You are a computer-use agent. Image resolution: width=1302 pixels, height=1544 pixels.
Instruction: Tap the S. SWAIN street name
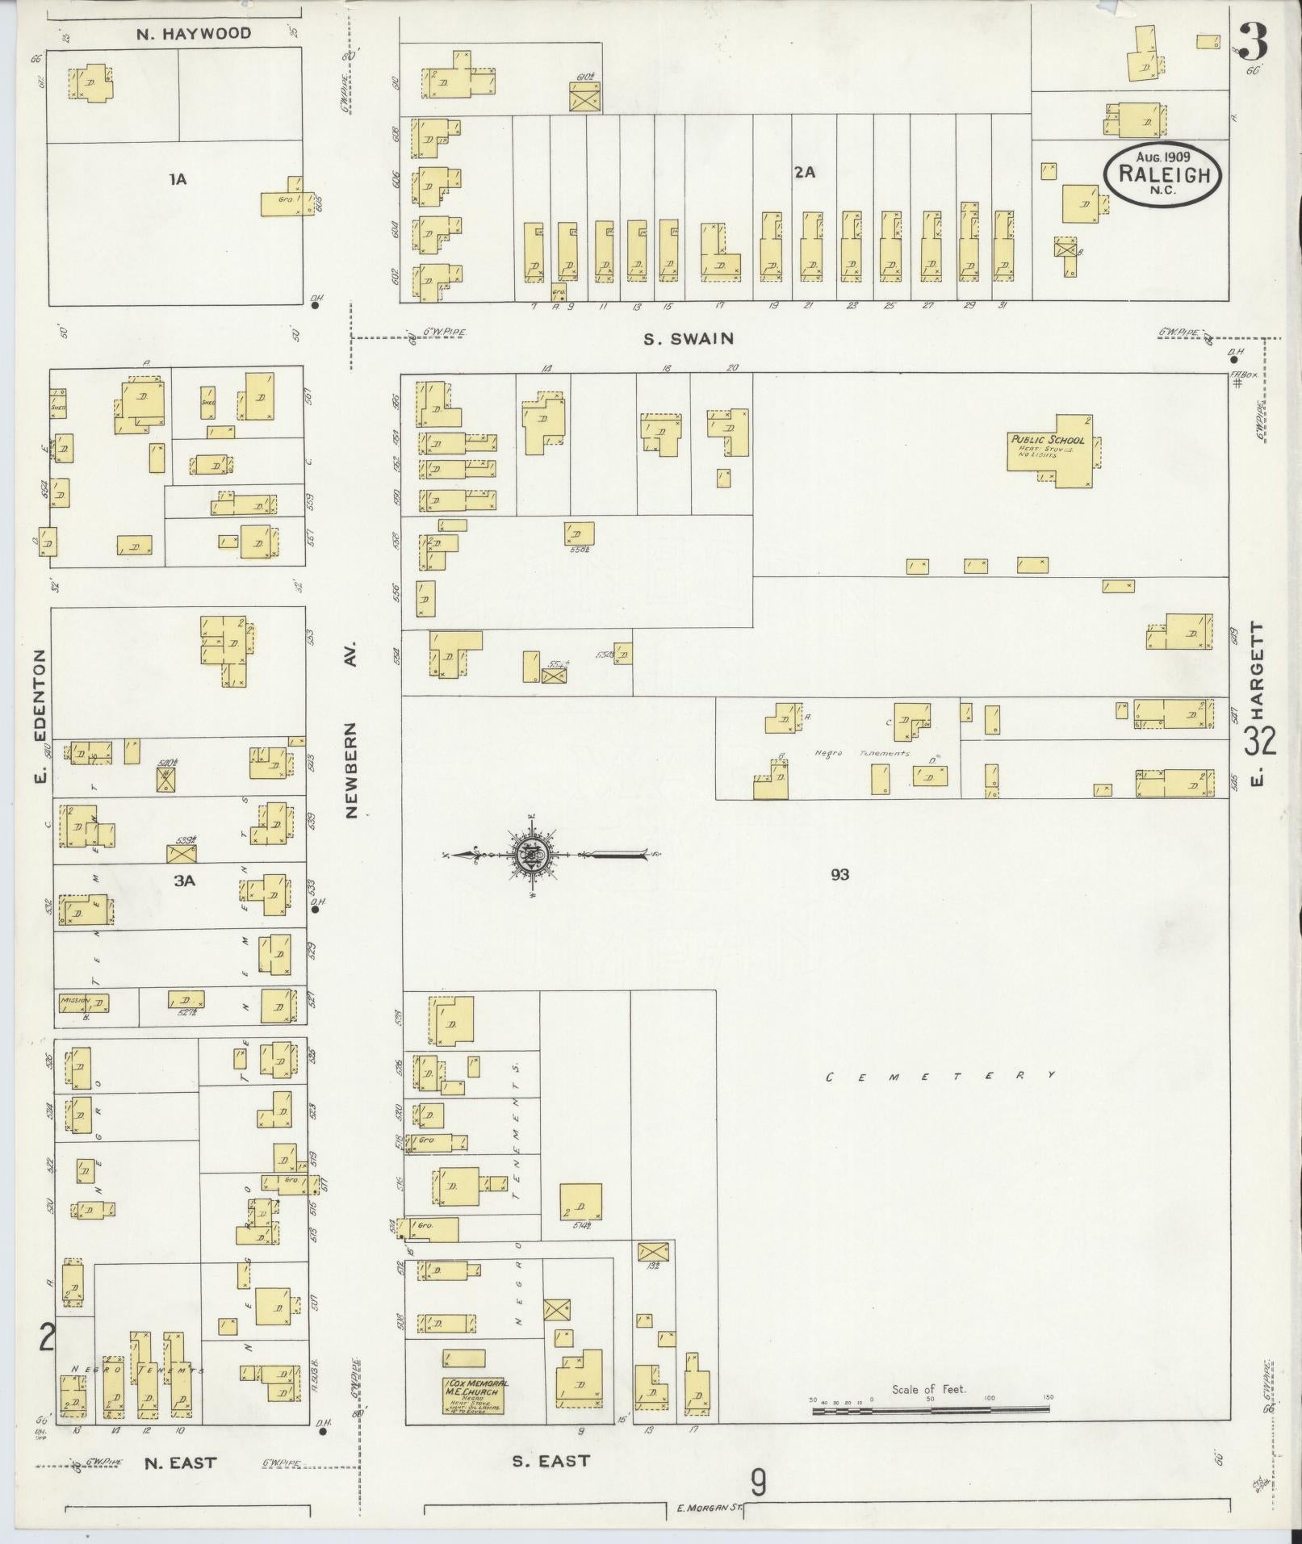(x=689, y=339)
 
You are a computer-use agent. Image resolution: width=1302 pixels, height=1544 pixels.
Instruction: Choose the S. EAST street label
(x=551, y=1461)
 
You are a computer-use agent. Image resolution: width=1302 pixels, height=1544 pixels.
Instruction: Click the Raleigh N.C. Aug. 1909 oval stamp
(x=1162, y=175)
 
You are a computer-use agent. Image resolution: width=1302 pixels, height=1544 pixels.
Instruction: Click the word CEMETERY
(x=940, y=1076)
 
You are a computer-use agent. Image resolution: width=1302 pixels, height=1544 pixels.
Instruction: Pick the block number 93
(x=839, y=874)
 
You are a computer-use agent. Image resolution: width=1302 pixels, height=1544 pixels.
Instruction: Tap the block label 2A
(x=804, y=172)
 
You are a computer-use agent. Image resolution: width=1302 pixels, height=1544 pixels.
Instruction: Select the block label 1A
(x=178, y=179)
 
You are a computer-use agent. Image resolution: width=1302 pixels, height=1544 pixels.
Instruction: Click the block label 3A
(x=185, y=881)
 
